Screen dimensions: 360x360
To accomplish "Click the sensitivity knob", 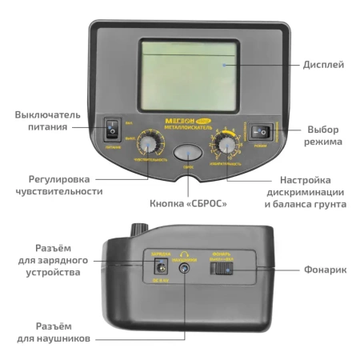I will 148,144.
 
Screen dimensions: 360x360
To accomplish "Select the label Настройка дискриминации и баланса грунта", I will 304,192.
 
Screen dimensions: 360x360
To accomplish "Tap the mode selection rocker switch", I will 261,131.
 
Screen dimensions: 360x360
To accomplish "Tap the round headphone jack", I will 186,269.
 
